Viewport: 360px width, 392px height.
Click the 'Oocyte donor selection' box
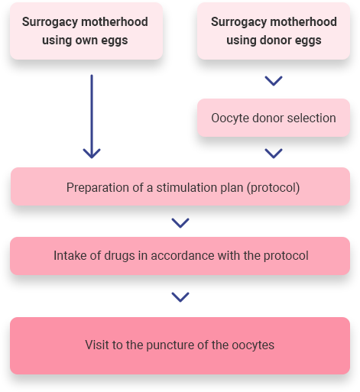click(274, 118)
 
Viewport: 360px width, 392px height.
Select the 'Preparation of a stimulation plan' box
click(180, 186)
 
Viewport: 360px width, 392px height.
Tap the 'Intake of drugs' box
click(180, 256)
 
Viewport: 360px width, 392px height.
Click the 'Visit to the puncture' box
click(180, 345)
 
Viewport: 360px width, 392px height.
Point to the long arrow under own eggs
click(92, 116)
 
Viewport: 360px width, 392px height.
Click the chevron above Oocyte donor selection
click(274, 81)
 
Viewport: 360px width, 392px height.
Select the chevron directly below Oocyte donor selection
click(274, 154)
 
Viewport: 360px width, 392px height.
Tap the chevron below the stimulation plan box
click(180, 223)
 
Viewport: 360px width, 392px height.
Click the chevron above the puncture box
click(180, 297)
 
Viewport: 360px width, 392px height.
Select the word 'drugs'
click(119, 256)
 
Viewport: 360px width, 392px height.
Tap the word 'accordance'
click(183, 256)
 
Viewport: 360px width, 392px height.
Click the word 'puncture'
click(170, 345)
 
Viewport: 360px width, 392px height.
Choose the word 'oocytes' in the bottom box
click(253, 345)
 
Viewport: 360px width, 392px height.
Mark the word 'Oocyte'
click(229, 118)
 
